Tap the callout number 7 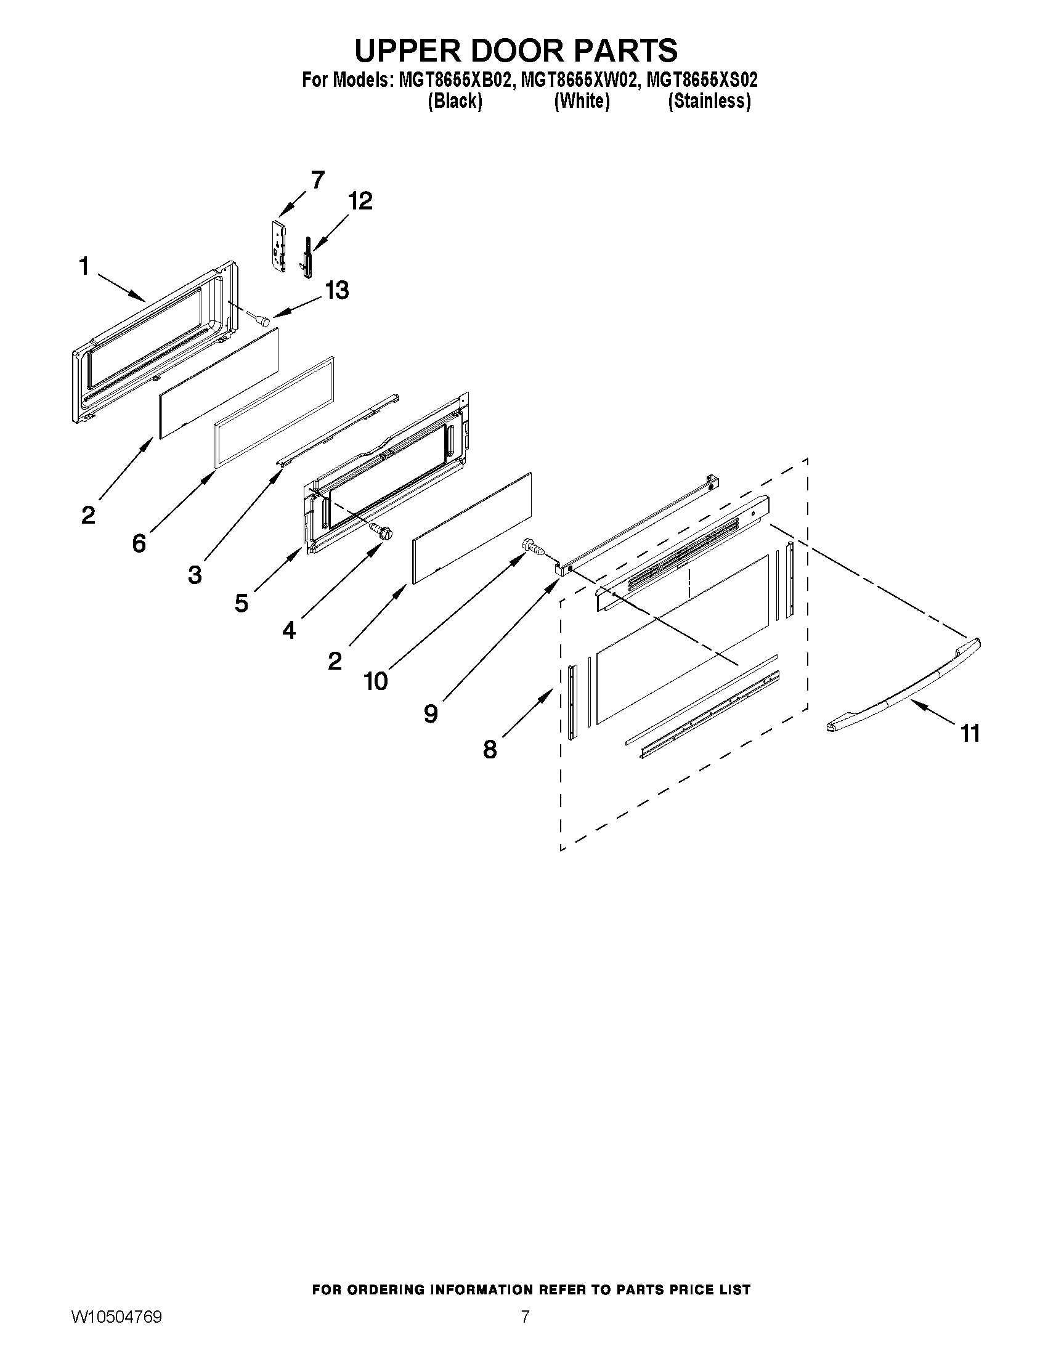(317, 180)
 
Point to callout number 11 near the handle (970, 733)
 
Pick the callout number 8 (490, 750)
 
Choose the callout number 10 (376, 681)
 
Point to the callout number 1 (84, 267)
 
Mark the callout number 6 (139, 543)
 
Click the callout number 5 (242, 603)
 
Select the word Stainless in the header (709, 101)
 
